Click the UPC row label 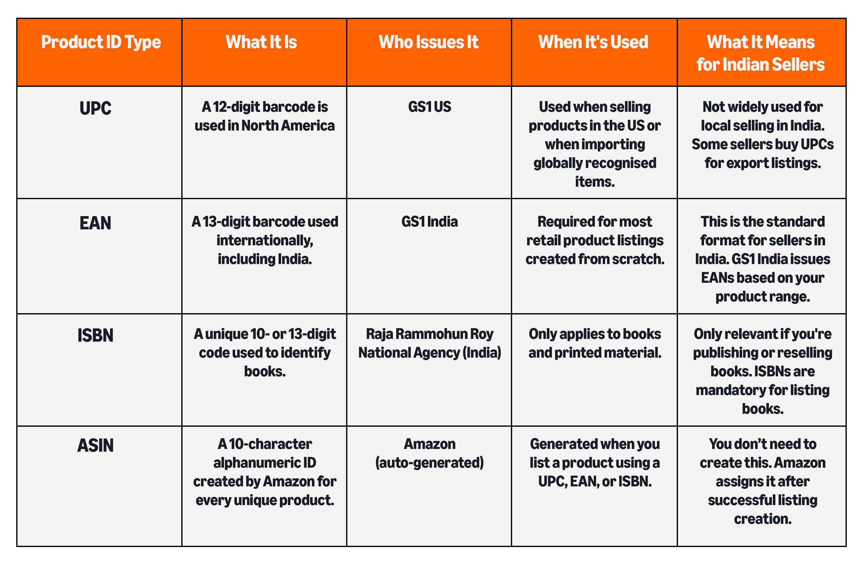[95, 108]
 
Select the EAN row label [95, 223]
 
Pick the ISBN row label [95, 335]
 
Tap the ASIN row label [95, 445]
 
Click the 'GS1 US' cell [430, 107]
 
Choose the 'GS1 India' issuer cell [430, 221]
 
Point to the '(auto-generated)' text [430, 463]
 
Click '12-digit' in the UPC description [236, 107]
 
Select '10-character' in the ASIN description [270, 444]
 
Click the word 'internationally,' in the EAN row [265, 240]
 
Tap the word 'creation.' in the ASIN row [763, 519]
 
